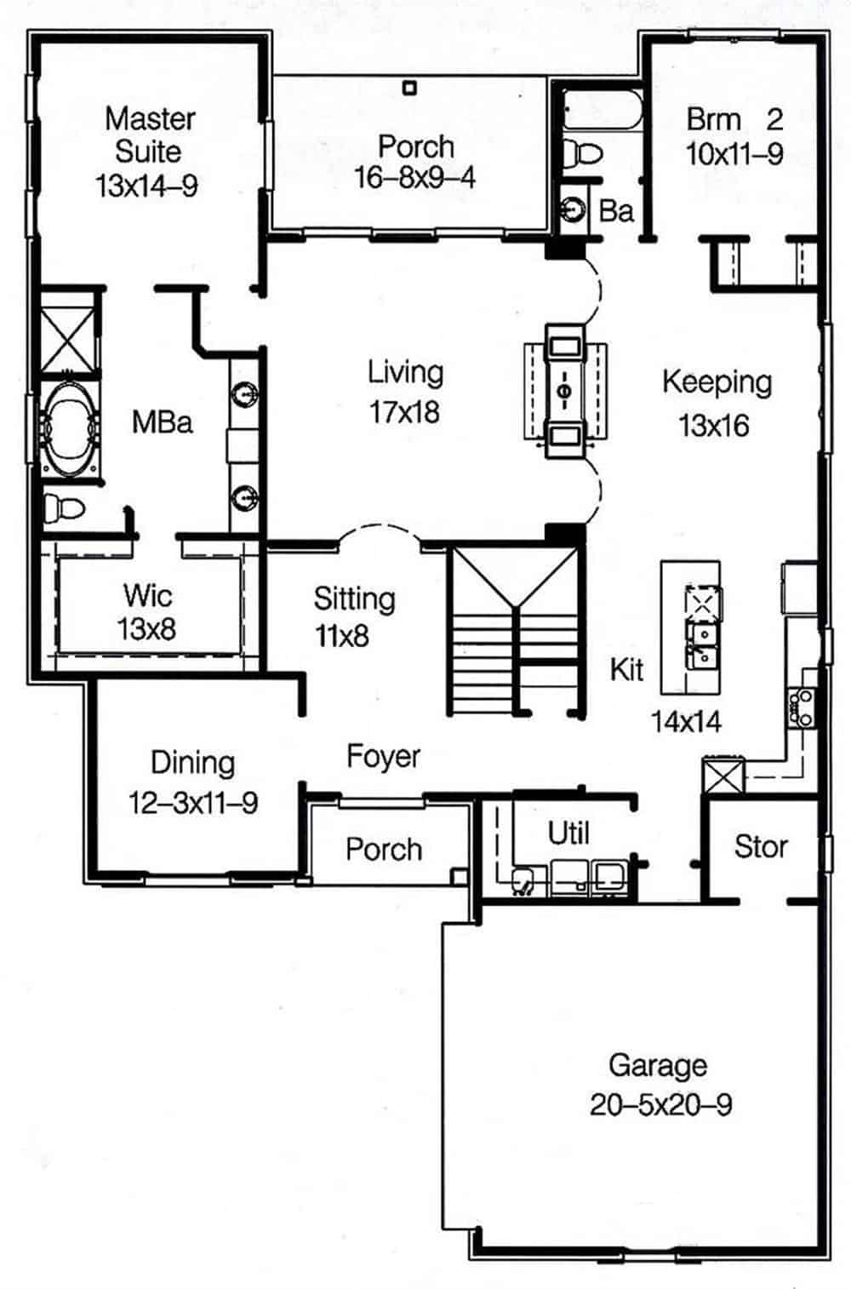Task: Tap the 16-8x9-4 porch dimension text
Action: coord(414,177)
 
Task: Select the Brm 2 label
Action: coord(734,118)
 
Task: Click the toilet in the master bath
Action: coord(64,508)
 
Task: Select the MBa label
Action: coord(162,421)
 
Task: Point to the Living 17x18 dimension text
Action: coord(404,412)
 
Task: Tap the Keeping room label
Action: coord(717,382)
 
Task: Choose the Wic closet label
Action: coord(147,594)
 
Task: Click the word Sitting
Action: coord(354,599)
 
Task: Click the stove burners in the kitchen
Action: coord(802,707)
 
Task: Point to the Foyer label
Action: coord(383,755)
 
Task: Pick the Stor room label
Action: coord(760,846)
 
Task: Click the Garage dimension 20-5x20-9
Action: coord(660,1104)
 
